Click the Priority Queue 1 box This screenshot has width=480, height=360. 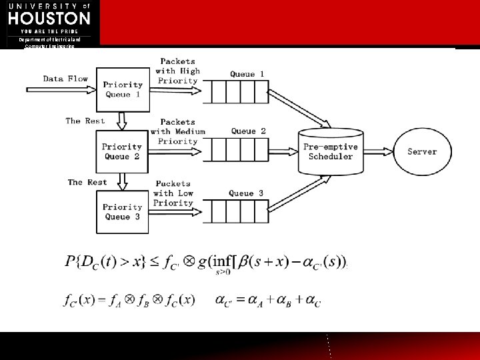click(122, 89)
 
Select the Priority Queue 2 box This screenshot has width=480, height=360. click(122, 151)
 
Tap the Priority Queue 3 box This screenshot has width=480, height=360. click(122, 211)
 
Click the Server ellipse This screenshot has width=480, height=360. click(421, 151)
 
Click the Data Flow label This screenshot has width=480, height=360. click(65, 79)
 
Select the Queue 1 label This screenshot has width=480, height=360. click(247, 74)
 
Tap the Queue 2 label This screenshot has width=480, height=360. click(248, 131)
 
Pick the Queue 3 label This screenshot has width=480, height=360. click(246, 193)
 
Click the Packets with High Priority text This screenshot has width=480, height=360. click(178, 71)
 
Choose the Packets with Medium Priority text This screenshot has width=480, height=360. click(178, 131)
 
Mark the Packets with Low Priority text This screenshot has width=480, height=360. click(173, 193)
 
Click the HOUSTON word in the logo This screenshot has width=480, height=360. click(49, 18)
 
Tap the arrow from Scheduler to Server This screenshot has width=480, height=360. click(377, 151)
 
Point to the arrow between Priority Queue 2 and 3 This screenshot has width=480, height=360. click(122, 181)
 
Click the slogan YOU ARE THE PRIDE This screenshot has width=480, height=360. click(49, 31)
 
